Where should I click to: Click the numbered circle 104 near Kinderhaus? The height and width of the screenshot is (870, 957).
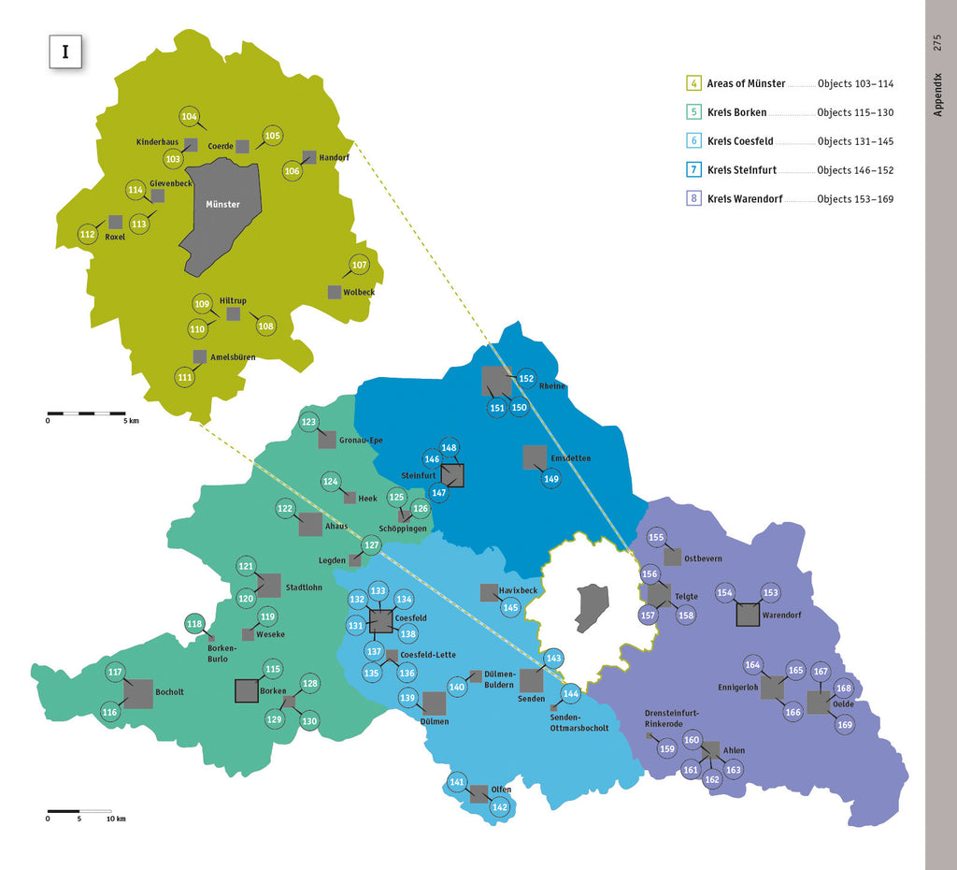tap(190, 117)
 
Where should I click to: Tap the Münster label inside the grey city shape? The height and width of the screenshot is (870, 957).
tap(222, 204)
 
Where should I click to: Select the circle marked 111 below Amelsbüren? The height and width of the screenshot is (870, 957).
tap(185, 377)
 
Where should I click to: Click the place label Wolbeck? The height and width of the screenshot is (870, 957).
tap(359, 293)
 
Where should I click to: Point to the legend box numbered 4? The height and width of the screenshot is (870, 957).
tap(694, 83)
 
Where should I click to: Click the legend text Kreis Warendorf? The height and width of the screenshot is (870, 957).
tap(745, 198)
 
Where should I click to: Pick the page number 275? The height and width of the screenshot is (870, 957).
tap(937, 43)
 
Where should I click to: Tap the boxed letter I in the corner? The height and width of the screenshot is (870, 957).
tap(65, 51)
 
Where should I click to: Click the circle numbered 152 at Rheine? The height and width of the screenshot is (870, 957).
tap(526, 379)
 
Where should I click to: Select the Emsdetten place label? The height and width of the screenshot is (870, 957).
tap(570, 458)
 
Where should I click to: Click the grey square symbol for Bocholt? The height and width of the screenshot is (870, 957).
tap(138, 693)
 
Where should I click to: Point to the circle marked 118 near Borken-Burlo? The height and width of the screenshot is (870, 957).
tap(194, 624)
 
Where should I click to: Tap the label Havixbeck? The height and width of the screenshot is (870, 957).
tap(518, 591)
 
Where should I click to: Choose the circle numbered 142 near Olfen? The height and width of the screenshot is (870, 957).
tap(500, 807)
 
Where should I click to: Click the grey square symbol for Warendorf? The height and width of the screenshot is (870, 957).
tap(748, 615)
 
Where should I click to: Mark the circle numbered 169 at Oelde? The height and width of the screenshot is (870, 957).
tap(845, 724)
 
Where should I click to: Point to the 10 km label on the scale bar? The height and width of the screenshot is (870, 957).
tap(115, 819)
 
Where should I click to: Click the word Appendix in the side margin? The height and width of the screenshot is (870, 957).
tap(938, 94)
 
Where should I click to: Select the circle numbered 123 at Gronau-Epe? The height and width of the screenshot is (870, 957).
tap(309, 423)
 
